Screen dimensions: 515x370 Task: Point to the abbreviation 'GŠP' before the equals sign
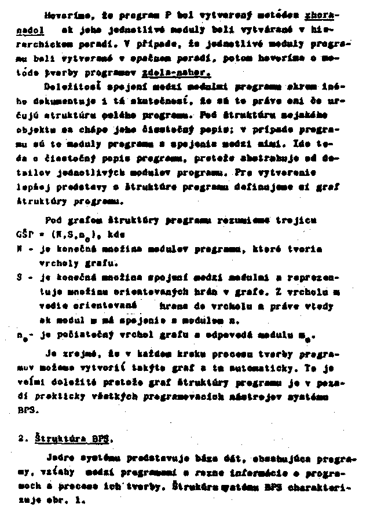point(26,236)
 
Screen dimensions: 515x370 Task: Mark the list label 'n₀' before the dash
point(22,336)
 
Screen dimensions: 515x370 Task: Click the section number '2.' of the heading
point(23,439)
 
